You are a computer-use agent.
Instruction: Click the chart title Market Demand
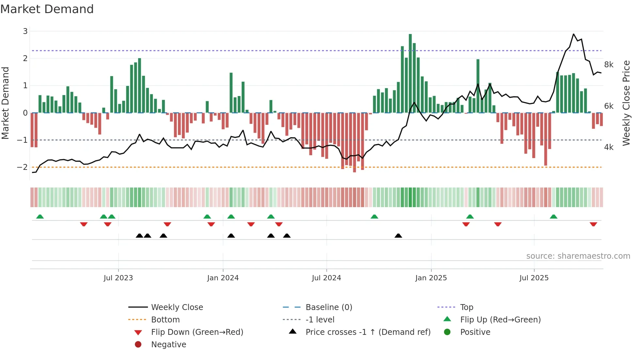tap(47, 9)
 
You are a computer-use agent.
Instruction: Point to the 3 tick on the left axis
tap(25, 31)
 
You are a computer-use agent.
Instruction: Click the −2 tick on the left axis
tap(23, 167)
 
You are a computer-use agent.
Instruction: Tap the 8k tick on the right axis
tap(609, 65)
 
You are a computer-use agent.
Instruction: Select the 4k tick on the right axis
tap(609, 147)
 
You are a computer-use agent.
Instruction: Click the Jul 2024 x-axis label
tap(326, 278)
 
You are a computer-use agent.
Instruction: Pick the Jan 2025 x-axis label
tap(431, 278)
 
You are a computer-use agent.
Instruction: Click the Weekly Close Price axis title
tap(626, 103)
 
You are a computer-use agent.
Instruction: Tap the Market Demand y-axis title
tap(6, 103)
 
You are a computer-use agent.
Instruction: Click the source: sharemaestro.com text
tap(578, 256)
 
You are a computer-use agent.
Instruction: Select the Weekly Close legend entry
tap(177, 307)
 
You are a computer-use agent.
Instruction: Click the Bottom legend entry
tap(165, 320)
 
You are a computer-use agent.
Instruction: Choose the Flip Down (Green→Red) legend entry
tap(197, 332)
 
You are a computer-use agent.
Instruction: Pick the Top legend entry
tap(466, 307)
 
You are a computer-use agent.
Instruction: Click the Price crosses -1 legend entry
tap(368, 332)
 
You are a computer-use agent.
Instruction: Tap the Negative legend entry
tap(168, 345)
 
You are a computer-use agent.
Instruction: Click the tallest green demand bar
tap(410, 74)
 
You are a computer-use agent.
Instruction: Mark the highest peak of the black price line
tap(573, 34)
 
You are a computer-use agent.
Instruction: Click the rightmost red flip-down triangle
tap(593, 224)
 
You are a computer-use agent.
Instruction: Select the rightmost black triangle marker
tap(398, 236)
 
